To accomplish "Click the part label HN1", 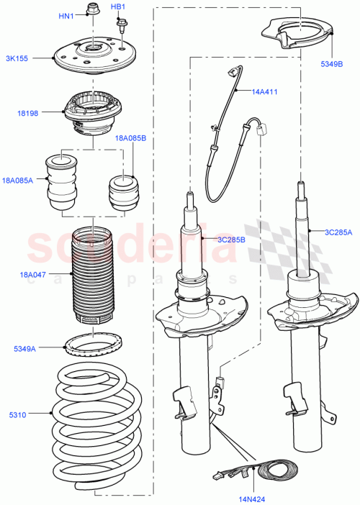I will (x=66, y=17).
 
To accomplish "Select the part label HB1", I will (x=118, y=7).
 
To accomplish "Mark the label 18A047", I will (x=32, y=274).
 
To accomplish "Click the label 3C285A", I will (x=338, y=232).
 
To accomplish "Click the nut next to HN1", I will (x=91, y=10).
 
